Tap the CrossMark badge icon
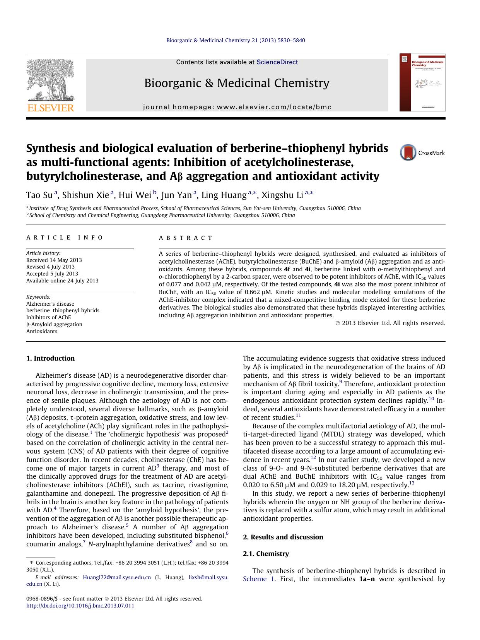click(408, 153)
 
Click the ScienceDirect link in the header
click(277, 62)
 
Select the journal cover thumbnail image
click(422, 83)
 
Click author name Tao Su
click(40, 195)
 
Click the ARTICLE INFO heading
click(65, 238)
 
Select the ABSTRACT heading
click(186, 238)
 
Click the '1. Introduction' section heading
click(50, 358)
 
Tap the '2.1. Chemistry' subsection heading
click(266, 554)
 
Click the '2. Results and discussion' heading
click(283, 537)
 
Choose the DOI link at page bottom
click(80, 606)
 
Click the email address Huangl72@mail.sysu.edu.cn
click(117, 577)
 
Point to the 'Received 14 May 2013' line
click(54, 260)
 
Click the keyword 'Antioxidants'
click(42, 331)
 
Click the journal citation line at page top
click(236, 40)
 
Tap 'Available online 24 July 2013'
click(62, 281)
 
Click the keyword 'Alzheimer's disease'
click(50, 304)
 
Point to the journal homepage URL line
click(237, 107)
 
